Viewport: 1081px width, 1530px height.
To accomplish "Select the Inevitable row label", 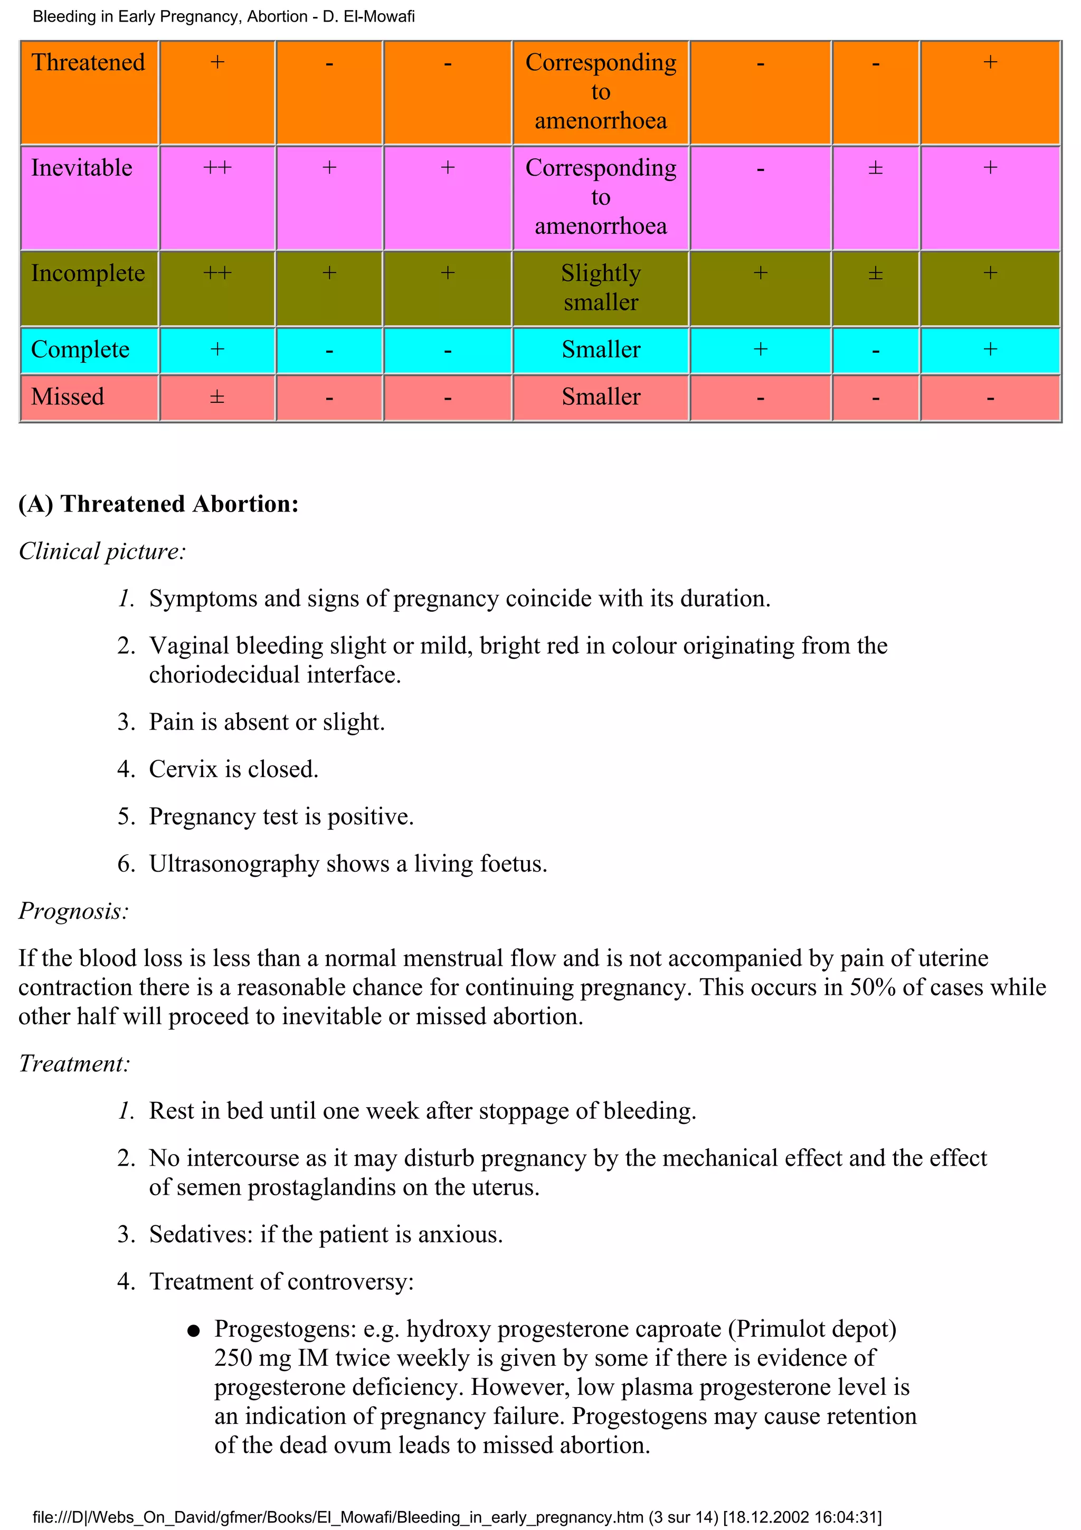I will pyautogui.click(x=81, y=168).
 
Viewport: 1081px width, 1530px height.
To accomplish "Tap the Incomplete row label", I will pyautogui.click(x=88, y=273).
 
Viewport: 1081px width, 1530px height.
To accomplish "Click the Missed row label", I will pyautogui.click(x=67, y=397).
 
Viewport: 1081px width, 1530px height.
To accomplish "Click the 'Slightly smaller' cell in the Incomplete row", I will pyautogui.click(x=600, y=288).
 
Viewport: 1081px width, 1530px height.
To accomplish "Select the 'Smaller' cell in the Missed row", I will pyautogui.click(x=600, y=397).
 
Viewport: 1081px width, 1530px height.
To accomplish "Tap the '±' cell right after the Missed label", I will pyautogui.click(x=217, y=397).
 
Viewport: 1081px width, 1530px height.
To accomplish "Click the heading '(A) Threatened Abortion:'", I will pyautogui.click(x=158, y=504).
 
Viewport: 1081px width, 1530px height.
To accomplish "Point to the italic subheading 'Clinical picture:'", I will pyautogui.click(x=102, y=551).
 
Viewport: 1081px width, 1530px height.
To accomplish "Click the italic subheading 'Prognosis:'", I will pyautogui.click(x=73, y=911).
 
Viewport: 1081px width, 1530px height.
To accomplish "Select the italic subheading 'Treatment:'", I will pyautogui.click(x=74, y=1063).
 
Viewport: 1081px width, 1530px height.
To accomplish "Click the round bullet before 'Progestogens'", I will pyautogui.click(x=194, y=1331).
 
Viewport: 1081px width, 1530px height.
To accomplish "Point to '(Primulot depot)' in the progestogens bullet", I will pyautogui.click(x=811, y=1329).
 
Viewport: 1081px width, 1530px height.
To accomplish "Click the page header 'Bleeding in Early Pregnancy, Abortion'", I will pyautogui.click(x=170, y=17).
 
